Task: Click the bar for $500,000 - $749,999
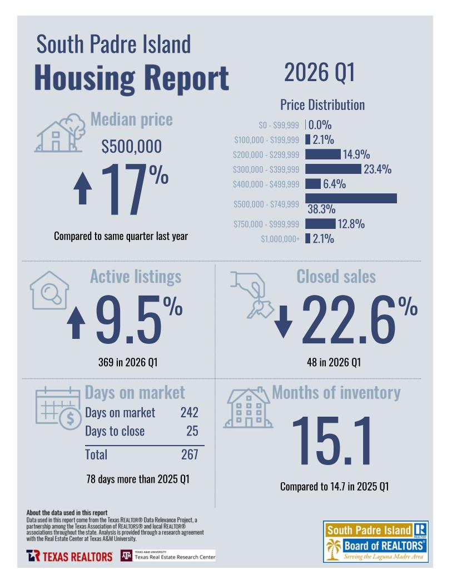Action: point(351,198)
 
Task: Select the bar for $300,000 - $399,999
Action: point(333,169)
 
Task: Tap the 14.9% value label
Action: point(356,154)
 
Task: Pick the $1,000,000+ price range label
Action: point(280,239)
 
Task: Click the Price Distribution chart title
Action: point(322,105)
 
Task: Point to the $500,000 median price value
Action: point(132,147)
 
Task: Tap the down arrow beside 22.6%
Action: point(283,321)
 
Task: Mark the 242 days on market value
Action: point(189,413)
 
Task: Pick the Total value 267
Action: point(190,454)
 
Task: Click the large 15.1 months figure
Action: point(332,440)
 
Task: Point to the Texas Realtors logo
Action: point(69,556)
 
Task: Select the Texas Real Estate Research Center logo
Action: point(168,556)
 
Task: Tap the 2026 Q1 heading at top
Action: point(319,73)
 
